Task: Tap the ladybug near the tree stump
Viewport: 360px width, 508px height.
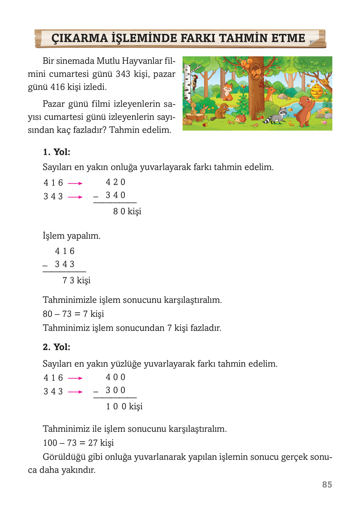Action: pyautogui.click(x=205, y=125)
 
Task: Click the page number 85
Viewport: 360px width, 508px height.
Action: pyautogui.click(x=327, y=485)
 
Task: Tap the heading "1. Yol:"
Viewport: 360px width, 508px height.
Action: pyautogui.click(x=57, y=152)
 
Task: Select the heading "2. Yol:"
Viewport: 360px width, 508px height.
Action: pyautogui.click(x=57, y=347)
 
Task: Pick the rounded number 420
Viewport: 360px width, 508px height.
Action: pyautogui.click(x=116, y=182)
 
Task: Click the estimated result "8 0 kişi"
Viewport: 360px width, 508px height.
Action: pyautogui.click(x=127, y=211)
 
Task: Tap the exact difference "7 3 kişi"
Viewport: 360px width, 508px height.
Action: pyautogui.click(x=76, y=280)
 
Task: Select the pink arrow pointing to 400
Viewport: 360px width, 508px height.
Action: pyautogui.click(x=75, y=378)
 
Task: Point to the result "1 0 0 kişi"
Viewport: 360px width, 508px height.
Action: pyautogui.click(x=124, y=406)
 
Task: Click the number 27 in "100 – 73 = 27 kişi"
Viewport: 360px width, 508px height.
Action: pyautogui.click(x=93, y=443)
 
